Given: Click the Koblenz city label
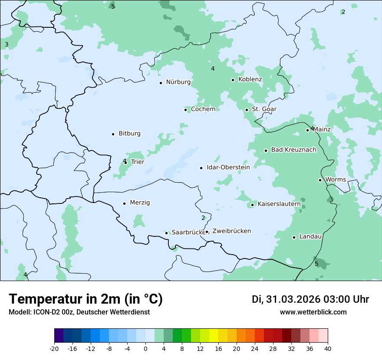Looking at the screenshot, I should (x=250, y=79).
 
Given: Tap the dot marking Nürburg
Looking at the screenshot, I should (x=161, y=83).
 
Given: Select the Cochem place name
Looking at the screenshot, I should (x=203, y=109).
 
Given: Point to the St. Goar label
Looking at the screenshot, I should (x=264, y=109).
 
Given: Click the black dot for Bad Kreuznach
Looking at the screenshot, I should (x=266, y=151).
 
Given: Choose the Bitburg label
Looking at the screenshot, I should (x=129, y=134).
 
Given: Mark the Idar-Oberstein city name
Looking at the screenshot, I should (x=228, y=167).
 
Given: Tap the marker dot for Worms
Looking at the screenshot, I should (x=320, y=180).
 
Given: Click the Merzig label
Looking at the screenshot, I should (x=140, y=203).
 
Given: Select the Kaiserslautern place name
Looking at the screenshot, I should (x=279, y=204).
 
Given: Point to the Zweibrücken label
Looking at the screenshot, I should (x=231, y=231).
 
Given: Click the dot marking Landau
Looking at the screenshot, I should (x=294, y=237).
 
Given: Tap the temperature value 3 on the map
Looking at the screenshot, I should (x=7, y=45).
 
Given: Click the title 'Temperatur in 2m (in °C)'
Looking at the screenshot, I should (x=86, y=299).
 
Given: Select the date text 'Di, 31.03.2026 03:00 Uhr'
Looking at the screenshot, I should (x=310, y=299).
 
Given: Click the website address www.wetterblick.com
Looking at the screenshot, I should (x=313, y=312).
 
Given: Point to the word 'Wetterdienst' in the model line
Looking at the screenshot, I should (x=131, y=312).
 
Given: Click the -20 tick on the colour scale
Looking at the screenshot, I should (x=54, y=348).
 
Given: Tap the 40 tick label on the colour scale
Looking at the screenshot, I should (x=328, y=348).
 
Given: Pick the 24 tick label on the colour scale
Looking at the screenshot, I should (x=255, y=348).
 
